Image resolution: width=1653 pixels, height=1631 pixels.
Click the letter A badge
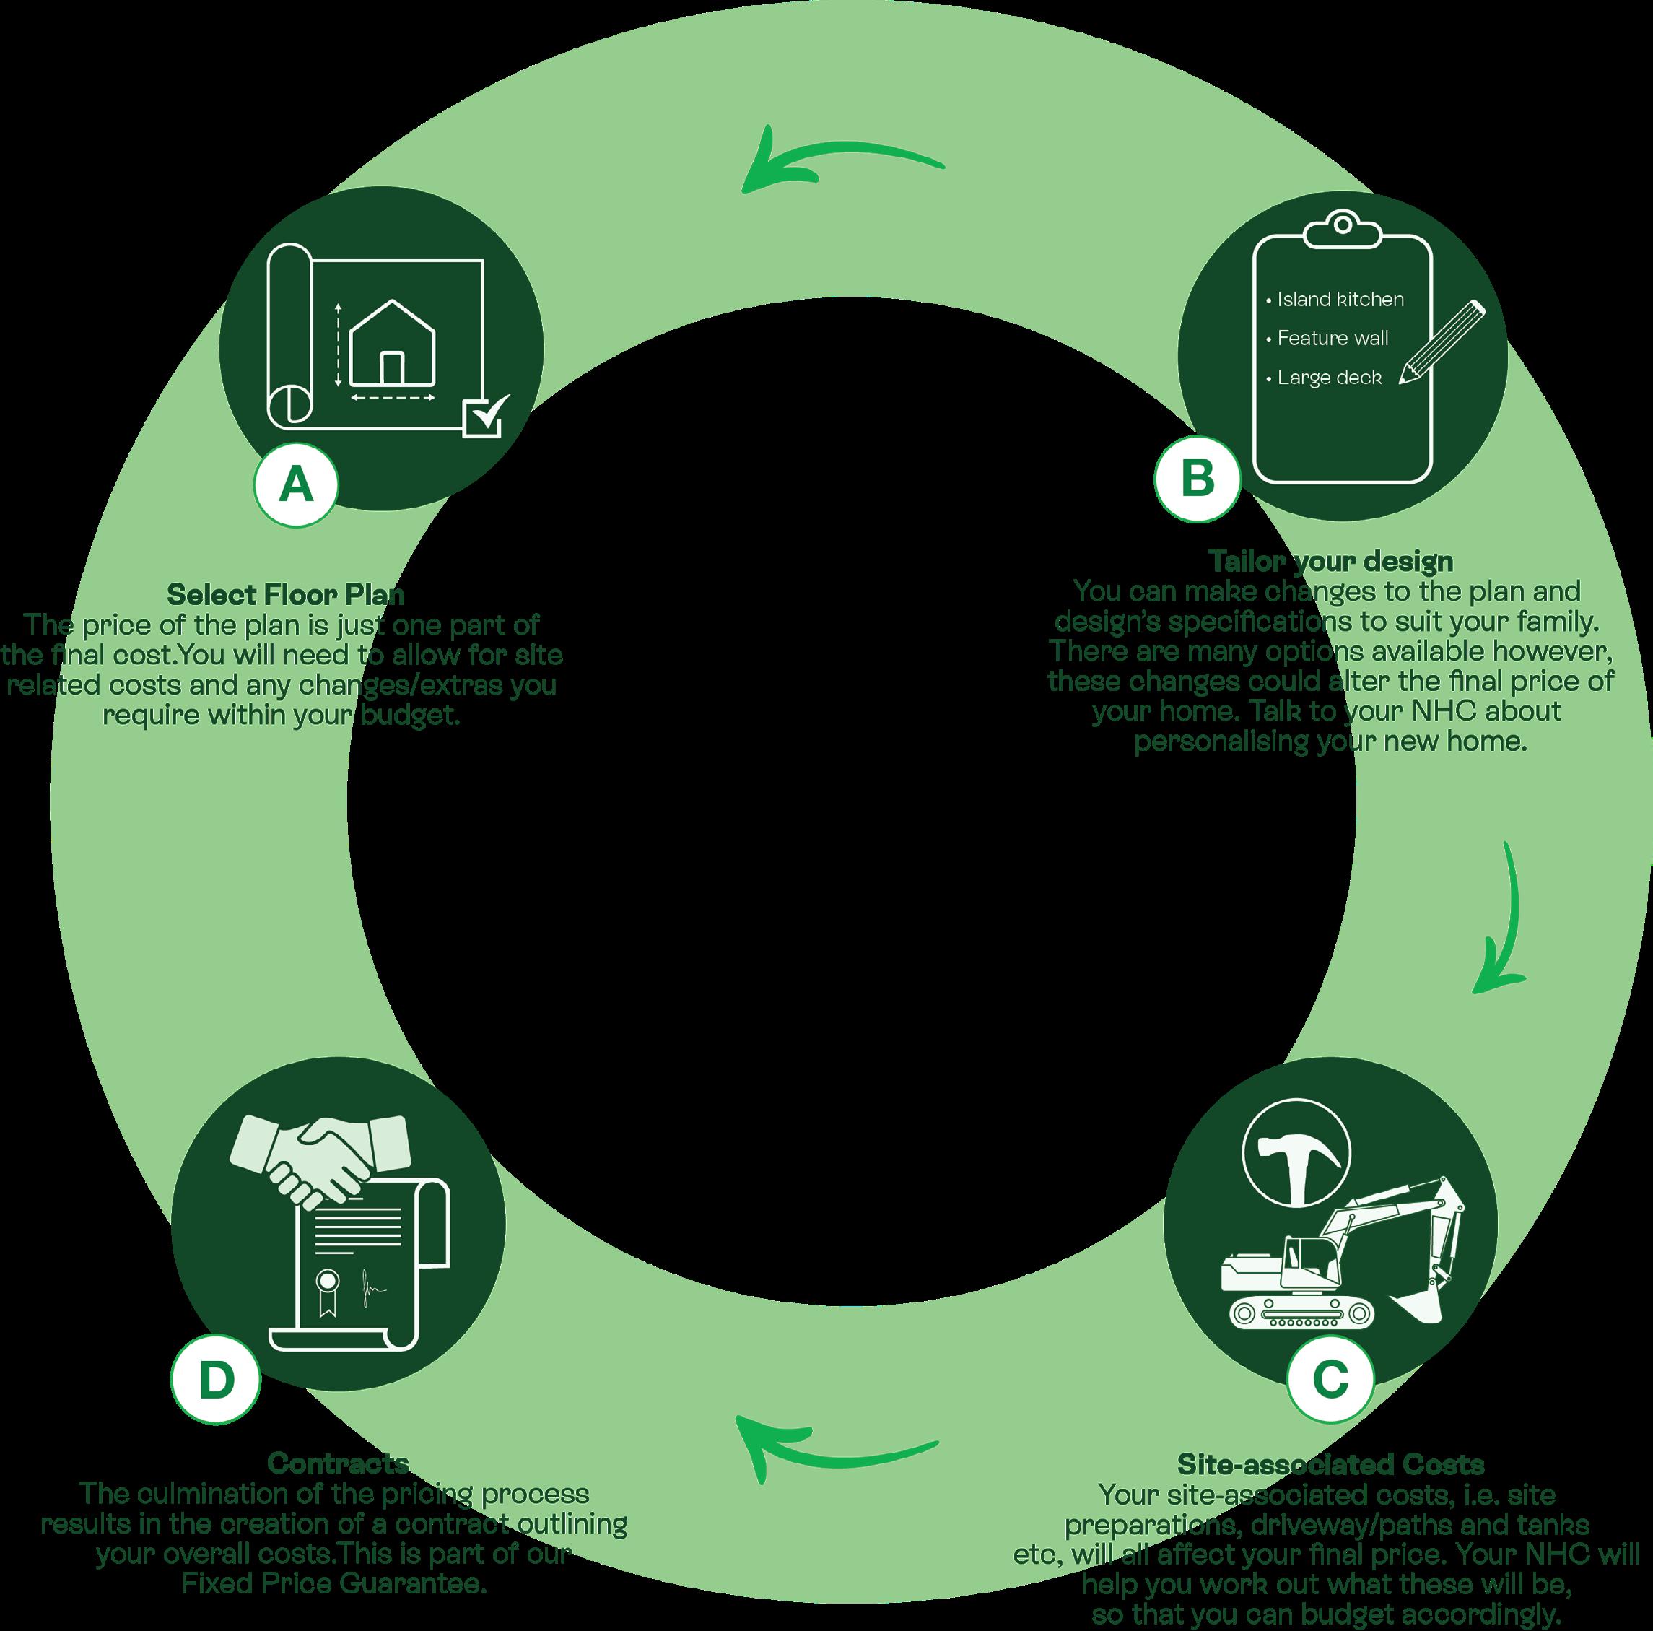tap(296, 484)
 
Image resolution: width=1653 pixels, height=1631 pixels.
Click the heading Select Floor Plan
tap(286, 594)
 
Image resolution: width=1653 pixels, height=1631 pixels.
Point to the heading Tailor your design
tap(1330, 561)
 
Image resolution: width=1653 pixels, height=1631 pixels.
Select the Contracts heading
tap(338, 1463)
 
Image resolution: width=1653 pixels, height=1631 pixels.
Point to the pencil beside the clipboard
tap(1442, 342)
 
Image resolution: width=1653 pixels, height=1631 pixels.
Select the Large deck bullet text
tap(1329, 378)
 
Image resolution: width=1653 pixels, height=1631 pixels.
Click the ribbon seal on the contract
tap(327, 1289)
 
